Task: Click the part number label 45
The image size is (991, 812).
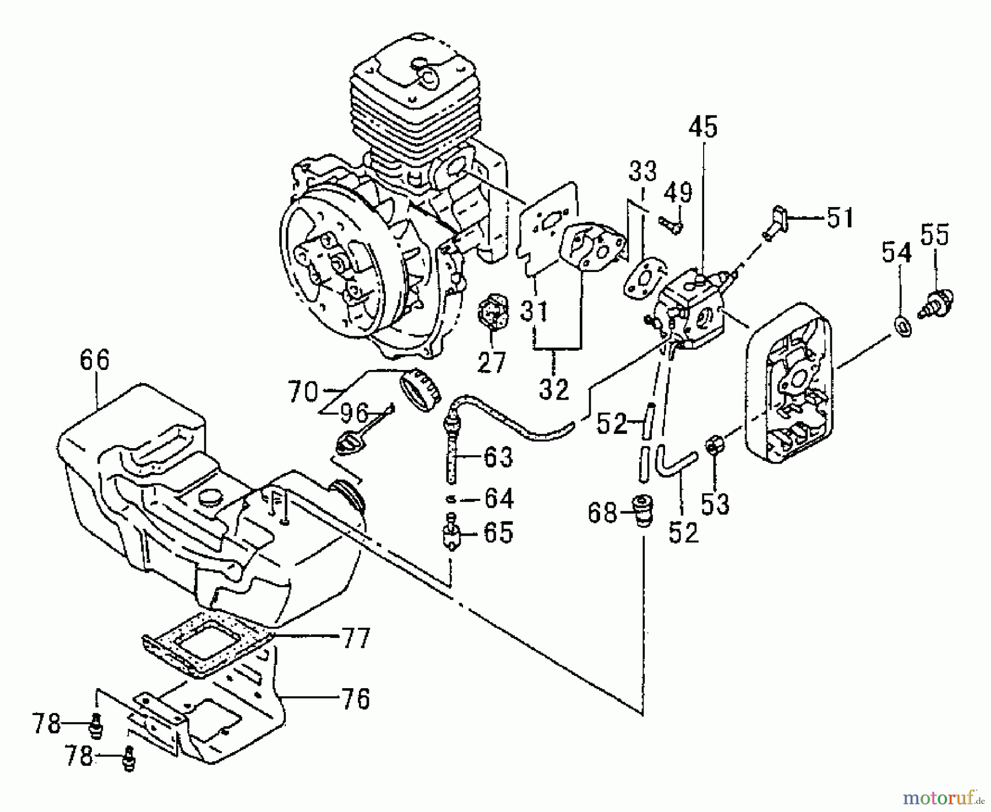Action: click(x=703, y=128)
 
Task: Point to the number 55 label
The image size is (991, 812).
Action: click(x=935, y=235)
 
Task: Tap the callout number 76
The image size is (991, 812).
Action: click(x=355, y=699)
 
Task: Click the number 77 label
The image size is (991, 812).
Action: click(x=355, y=639)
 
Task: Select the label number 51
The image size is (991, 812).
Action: click(x=839, y=218)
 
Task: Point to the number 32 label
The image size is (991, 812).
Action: click(x=554, y=390)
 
